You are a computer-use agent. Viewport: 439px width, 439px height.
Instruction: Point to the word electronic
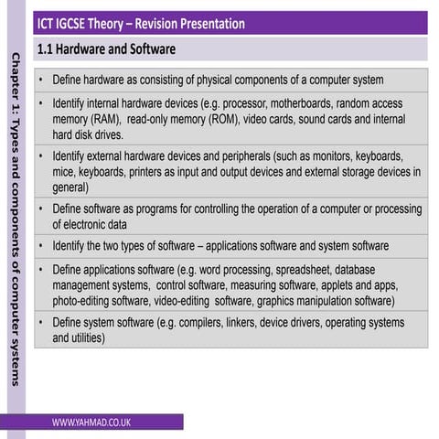pos(96,223)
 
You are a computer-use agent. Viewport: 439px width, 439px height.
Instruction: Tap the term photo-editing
pos(82,300)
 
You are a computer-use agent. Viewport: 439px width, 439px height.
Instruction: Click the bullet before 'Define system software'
pos(42,323)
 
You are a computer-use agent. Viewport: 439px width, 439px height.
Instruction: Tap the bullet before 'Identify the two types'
pos(42,246)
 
